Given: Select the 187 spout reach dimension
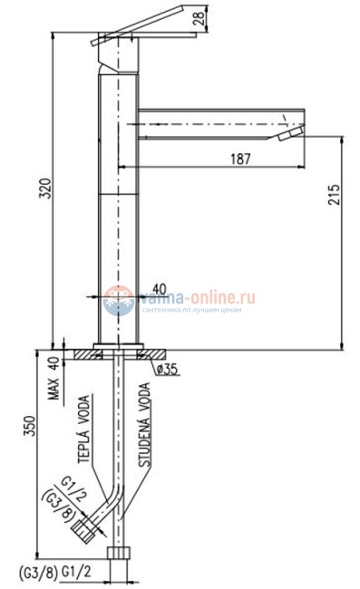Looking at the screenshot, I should point(240,159).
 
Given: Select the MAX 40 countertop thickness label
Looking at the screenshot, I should point(54,378).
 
